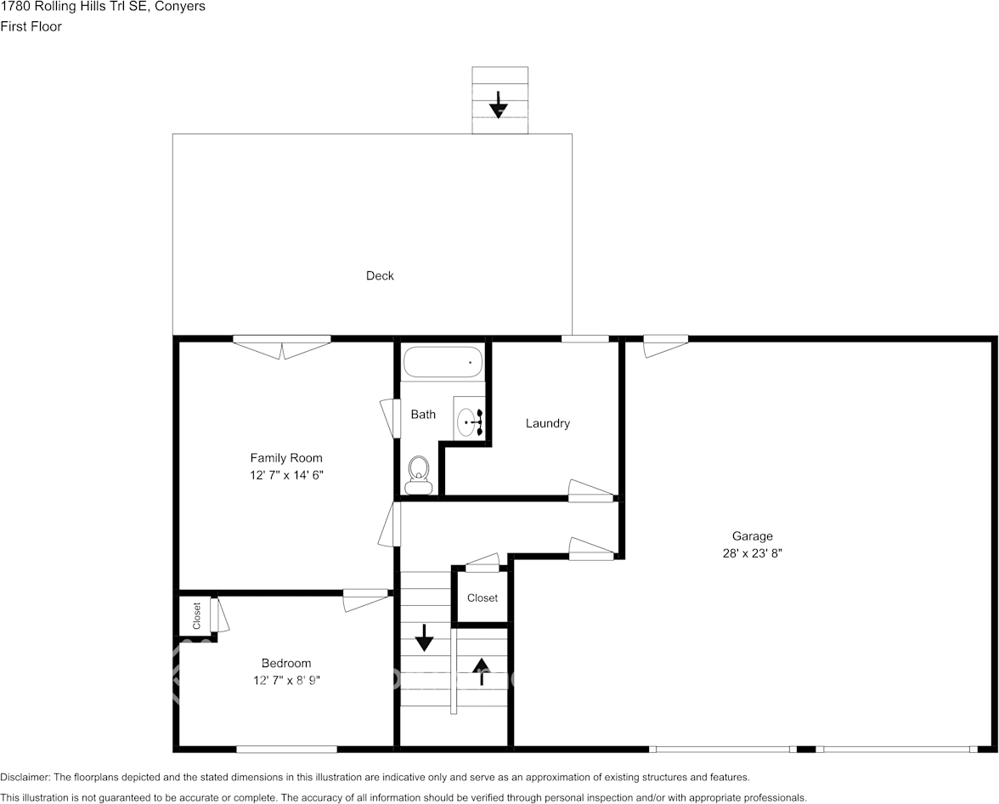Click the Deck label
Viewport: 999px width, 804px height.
pos(380,275)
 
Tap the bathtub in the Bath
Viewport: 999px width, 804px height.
pos(443,362)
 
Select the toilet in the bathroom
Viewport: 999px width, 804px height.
pos(418,474)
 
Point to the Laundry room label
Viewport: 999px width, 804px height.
pos(547,423)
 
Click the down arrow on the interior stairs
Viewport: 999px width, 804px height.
pos(423,637)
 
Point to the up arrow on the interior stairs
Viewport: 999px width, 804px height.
pos(482,670)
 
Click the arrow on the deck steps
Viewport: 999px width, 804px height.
pos(499,105)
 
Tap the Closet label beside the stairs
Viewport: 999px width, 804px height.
pos(483,598)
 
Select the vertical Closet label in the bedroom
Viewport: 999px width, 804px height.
pos(197,615)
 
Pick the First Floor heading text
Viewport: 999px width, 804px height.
pos(31,26)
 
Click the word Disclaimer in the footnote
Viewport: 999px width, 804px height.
pos(25,777)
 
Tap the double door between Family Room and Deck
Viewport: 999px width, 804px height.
pos(282,345)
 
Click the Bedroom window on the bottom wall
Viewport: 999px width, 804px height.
pos(286,749)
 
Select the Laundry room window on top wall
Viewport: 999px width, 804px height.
pos(585,339)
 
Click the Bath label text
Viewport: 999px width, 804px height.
pos(423,415)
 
